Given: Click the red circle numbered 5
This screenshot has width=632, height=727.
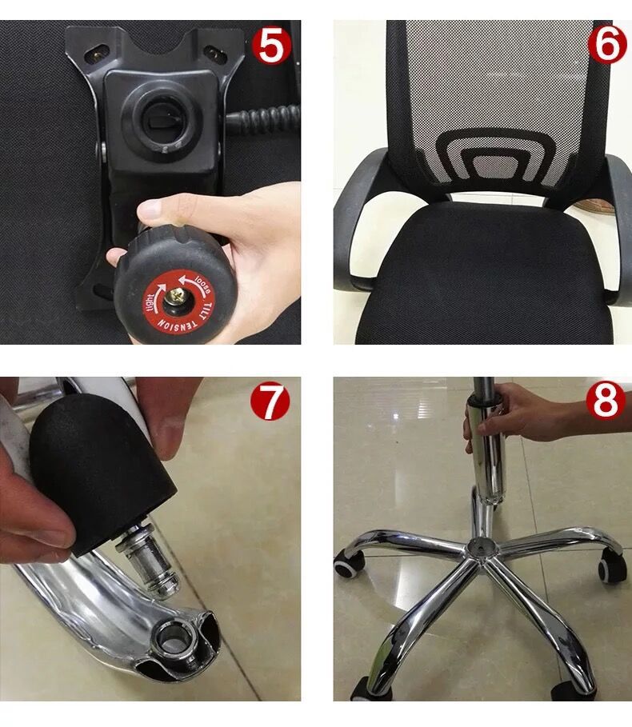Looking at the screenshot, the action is [271, 46].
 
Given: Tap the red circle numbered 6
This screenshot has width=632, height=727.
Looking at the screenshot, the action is [607, 45].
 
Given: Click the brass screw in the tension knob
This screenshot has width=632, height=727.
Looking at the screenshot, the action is [175, 296].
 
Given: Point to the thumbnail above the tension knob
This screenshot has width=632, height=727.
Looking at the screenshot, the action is [150, 209].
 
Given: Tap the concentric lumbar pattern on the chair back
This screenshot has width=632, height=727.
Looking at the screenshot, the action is [495, 157].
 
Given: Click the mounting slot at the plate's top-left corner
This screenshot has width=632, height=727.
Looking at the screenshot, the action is [97, 54].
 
